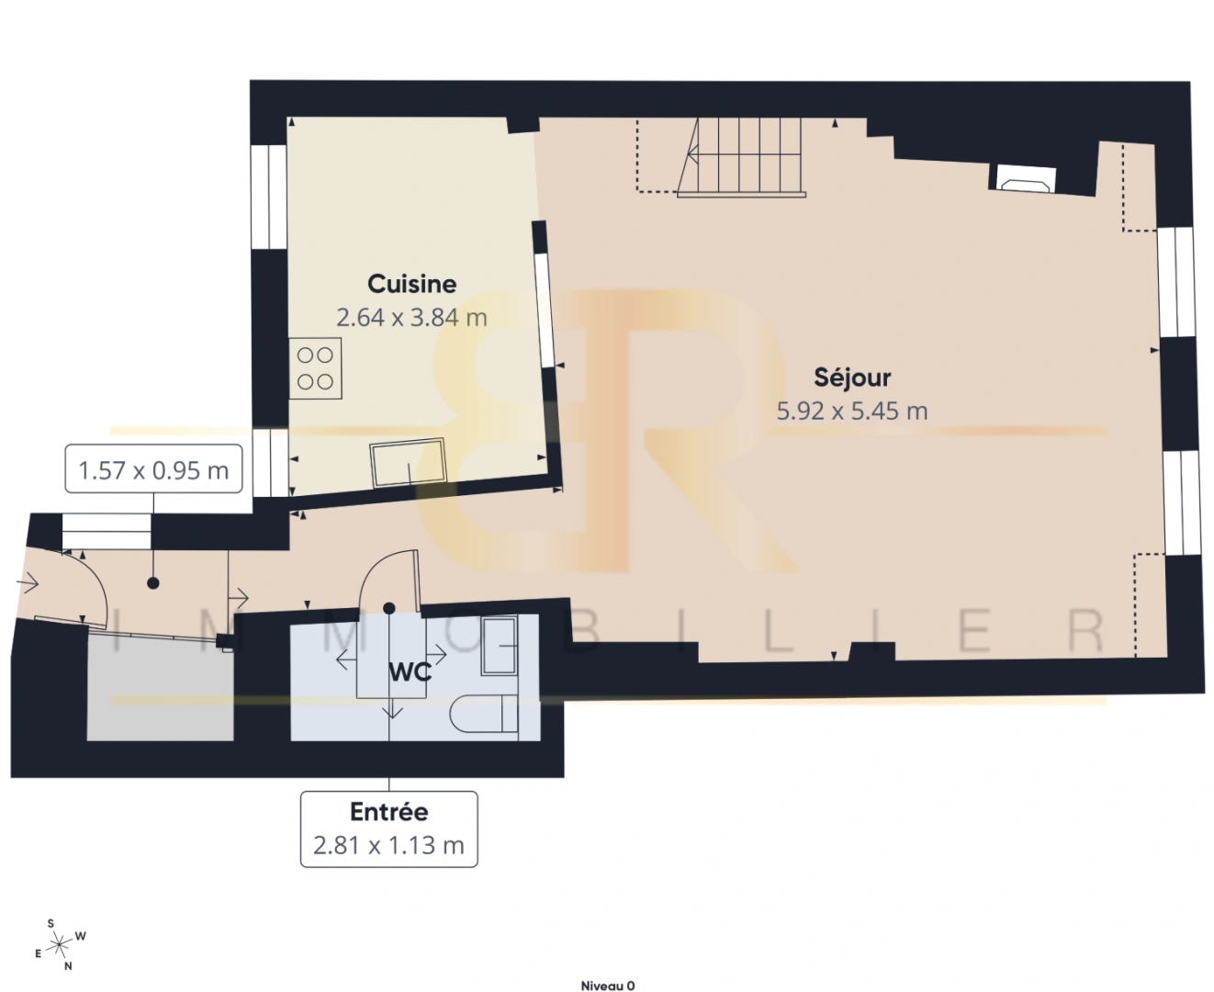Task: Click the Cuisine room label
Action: coord(411,284)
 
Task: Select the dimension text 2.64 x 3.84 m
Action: coord(411,318)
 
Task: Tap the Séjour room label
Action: coord(852,378)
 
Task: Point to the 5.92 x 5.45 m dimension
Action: coord(852,411)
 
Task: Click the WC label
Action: coord(410,672)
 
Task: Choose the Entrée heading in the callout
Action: coord(388,812)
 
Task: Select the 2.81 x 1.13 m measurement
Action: coord(388,845)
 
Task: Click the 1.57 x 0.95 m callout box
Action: coord(153,470)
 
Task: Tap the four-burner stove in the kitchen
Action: coord(315,368)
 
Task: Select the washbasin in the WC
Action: coord(499,646)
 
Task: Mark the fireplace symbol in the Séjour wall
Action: coord(1022,179)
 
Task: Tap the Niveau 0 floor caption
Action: coord(607,986)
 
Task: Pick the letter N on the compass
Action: coord(68,966)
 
